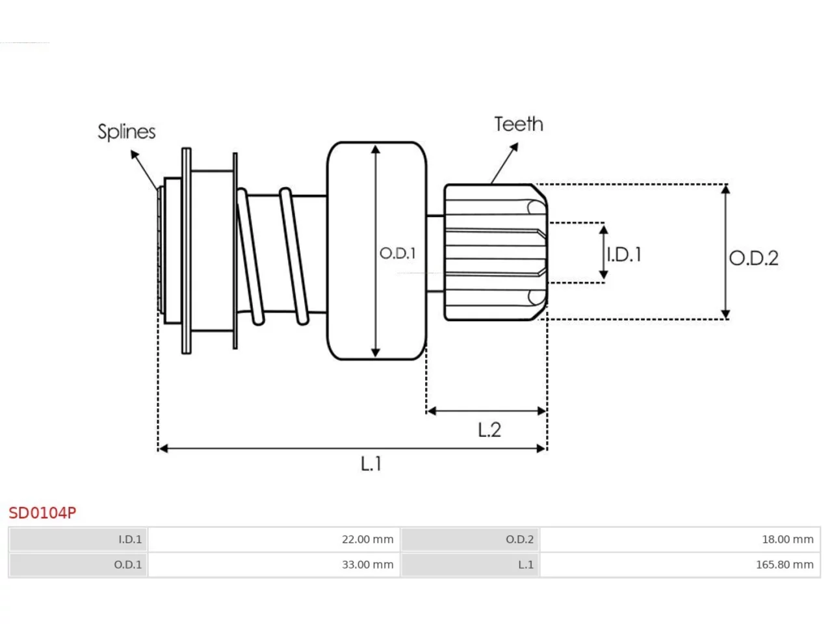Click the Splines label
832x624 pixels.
coord(126,132)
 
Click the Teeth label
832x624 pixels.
coord(518,124)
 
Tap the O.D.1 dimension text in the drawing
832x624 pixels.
coord(398,253)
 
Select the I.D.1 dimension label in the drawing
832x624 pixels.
coord(623,254)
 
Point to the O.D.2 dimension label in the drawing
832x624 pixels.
coord(753,258)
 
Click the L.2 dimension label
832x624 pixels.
coord(489,430)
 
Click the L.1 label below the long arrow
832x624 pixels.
coord(370,463)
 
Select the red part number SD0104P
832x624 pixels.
coord(42,513)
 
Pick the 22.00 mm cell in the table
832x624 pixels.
coord(274,539)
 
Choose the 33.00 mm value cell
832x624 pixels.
coord(274,564)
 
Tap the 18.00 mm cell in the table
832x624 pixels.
coord(680,539)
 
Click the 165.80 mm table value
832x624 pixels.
coord(680,564)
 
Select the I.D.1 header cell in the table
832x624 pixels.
coord(78,539)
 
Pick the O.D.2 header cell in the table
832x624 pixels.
coord(470,539)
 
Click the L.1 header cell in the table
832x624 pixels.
coord(470,564)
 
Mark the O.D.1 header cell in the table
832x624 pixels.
coord(78,564)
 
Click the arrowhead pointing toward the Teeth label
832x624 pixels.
coord(514,147)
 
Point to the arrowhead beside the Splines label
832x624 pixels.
coord(135,154)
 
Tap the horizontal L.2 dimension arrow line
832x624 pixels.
coord(486,411)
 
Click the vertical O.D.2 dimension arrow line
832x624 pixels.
coord(725,252)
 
